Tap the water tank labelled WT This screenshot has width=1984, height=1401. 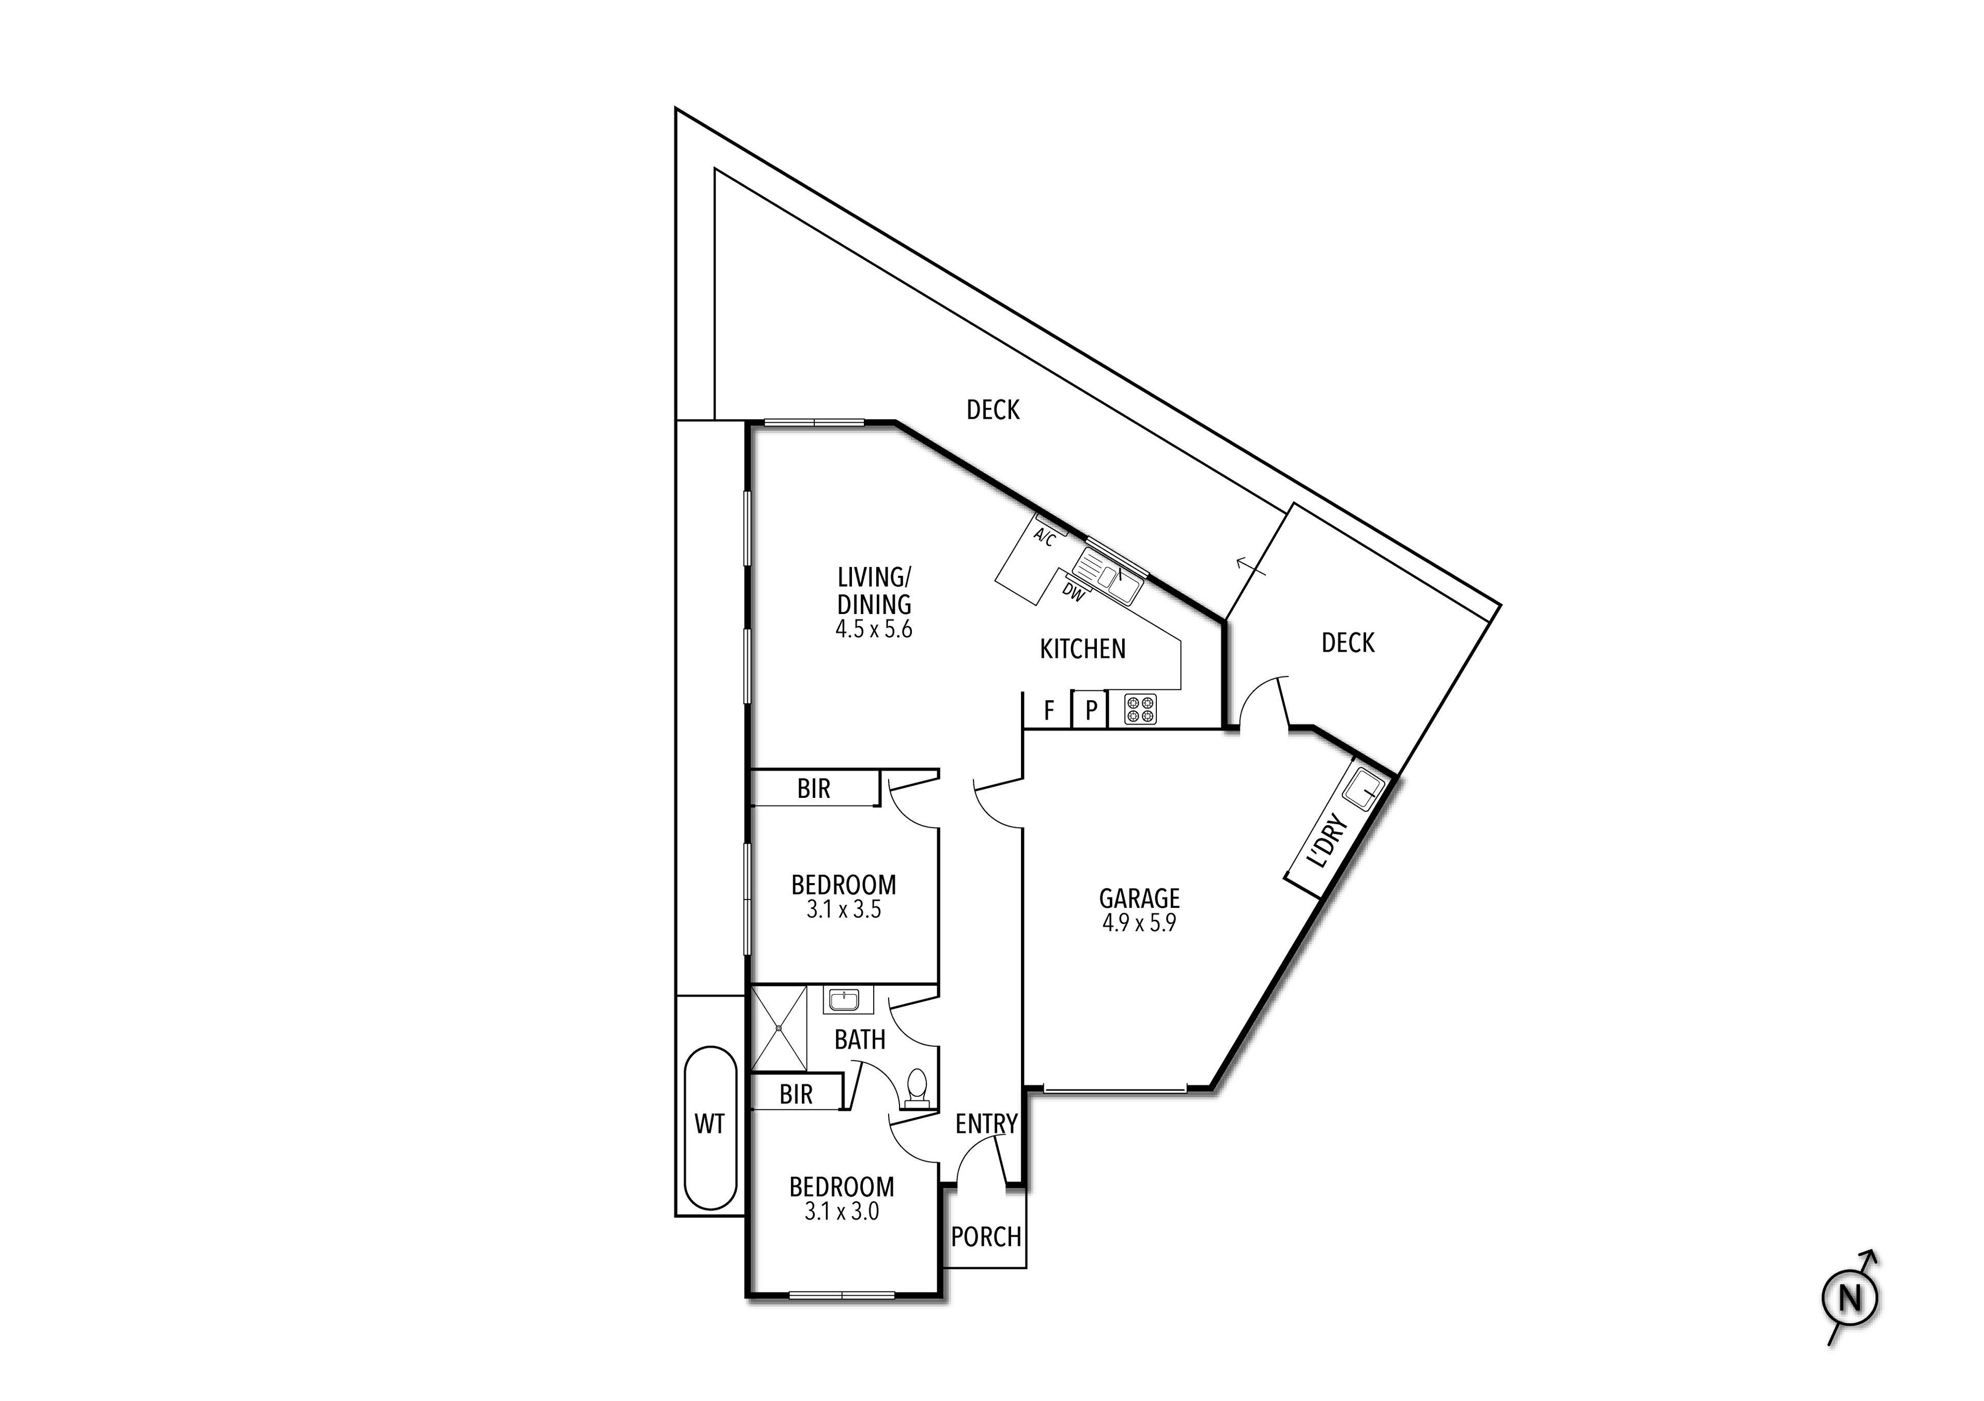(x=709, y=1125)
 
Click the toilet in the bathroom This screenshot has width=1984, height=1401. (x=917, y=1089)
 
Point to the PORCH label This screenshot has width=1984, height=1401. (x=986, y=1237)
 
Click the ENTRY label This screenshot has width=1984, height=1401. (x=986, y=1124)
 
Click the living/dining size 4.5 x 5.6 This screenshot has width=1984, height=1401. (x=874, y=629)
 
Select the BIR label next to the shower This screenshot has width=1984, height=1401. (x=796, y=1094)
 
